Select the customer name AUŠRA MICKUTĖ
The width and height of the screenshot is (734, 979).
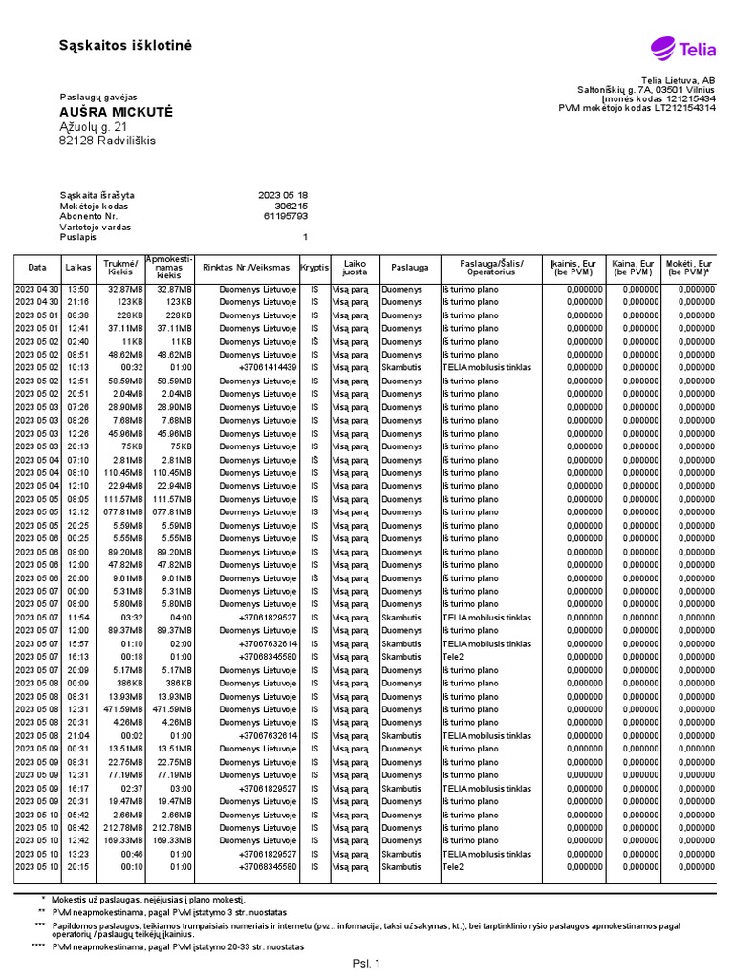(x=116, y=112)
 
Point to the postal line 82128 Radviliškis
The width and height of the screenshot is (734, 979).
(x=107, y=141)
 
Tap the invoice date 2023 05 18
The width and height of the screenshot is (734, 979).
(x=283, y=194)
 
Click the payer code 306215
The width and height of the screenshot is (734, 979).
(x=291, y=206)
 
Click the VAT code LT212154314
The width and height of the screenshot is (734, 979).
(x=681, y=108)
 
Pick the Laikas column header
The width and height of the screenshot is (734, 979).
(x=79, y=268)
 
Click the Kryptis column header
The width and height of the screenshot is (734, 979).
(x=313, y=268)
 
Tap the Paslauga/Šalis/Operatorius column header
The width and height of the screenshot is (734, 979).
(x=491, y=268)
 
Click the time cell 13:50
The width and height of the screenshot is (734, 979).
(x=79, y=289)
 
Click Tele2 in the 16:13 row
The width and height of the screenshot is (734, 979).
(x=453, y=657)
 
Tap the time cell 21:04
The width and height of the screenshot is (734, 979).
(x=79, y=736)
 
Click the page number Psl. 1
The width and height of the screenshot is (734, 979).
(x=366, y=964)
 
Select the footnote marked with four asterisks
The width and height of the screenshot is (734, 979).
(x=177, y=946)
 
